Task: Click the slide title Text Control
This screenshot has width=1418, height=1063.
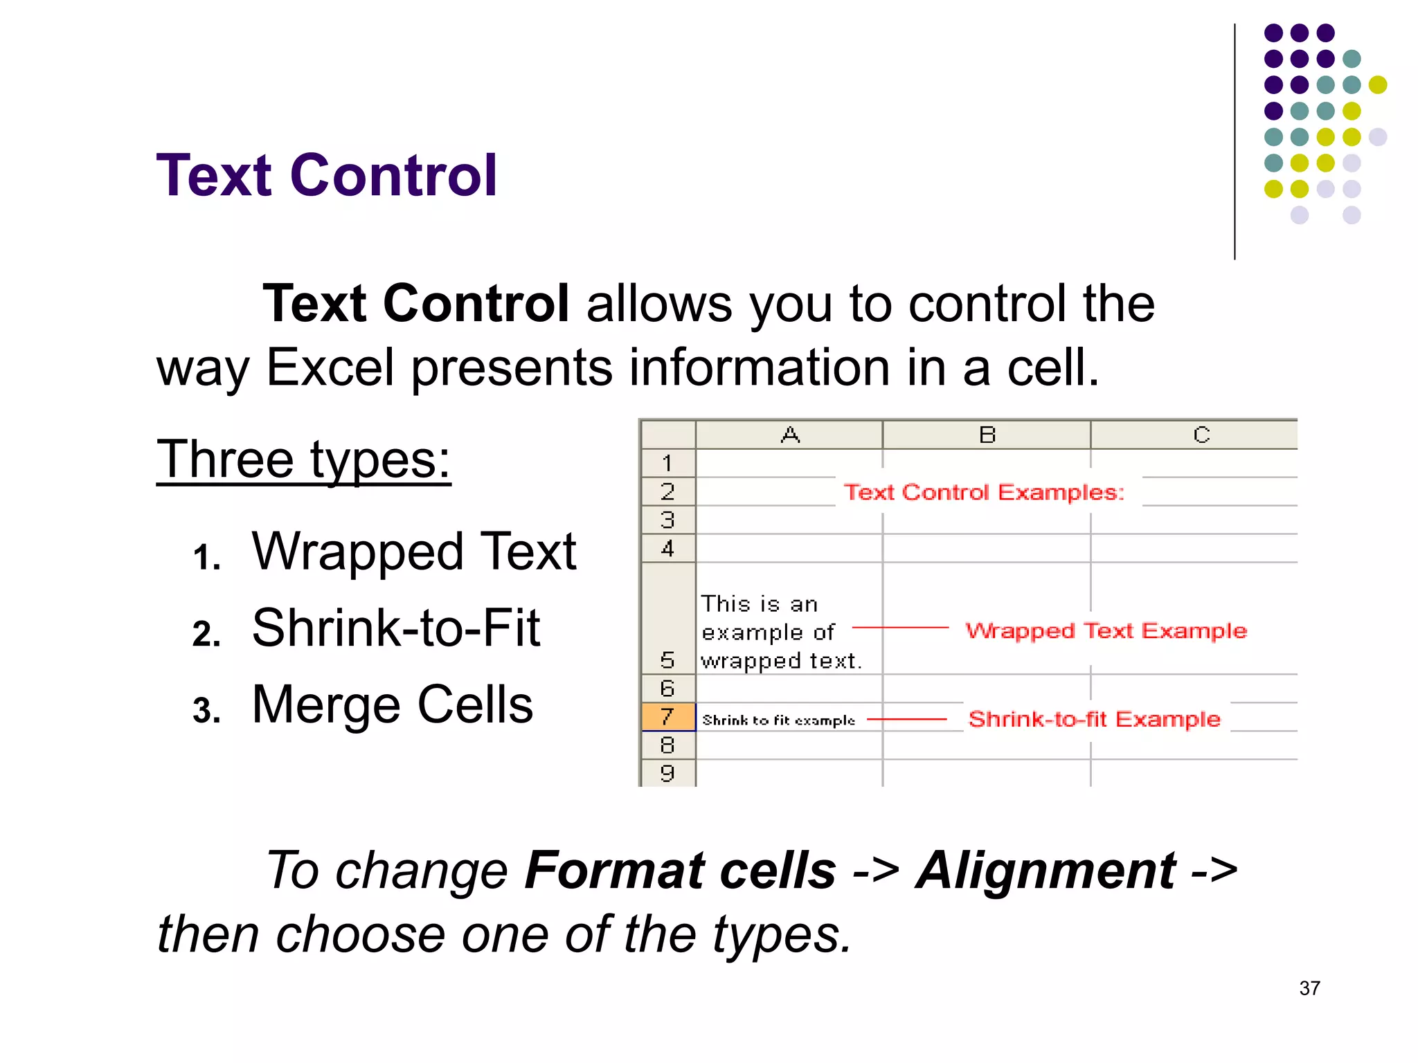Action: click(x=326, y=176)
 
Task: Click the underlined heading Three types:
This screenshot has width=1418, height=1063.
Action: click(x=303, y=460)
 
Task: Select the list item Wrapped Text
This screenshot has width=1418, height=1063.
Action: click(x=413, y=552)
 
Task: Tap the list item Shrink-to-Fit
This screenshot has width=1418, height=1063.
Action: click(x=395, y=628)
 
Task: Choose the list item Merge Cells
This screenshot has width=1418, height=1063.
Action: click(x=392, y=705)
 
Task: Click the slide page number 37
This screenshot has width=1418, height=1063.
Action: click(x=1309, y=988)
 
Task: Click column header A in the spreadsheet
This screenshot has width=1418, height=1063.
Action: click(x=789, y=435)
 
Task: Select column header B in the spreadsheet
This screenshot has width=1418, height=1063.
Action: click(x=987, y=435)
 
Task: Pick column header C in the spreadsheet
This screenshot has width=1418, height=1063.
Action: click(x=1201, y=435)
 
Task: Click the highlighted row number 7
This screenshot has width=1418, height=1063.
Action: click(x=667, y=717)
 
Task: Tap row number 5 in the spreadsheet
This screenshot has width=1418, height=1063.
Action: click(x=667, y=660)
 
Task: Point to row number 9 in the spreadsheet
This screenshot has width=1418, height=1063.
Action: click(x=667, y=773)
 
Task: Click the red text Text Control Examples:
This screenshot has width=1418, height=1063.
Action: click(x=983, y=492)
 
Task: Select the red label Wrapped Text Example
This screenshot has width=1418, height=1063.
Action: click(x=1106, y=630)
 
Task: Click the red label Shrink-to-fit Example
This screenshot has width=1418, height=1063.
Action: click(x=1094, y=719)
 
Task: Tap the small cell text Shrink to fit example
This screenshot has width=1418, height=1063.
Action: click(x=778, y=720)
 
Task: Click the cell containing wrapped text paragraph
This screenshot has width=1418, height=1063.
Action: click(x=780, y=632)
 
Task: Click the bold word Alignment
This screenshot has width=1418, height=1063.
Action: click(x=1045, y=871)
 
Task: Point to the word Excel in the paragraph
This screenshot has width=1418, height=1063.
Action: click(x=330, y=367)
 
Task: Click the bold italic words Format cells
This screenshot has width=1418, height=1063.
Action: click(x=680, y=871)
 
